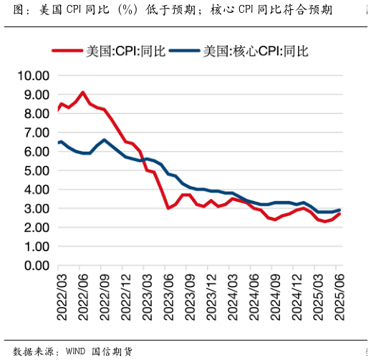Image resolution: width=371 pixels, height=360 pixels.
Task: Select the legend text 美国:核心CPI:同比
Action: coord(256,52)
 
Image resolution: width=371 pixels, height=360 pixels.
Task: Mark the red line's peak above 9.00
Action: coord(83,92)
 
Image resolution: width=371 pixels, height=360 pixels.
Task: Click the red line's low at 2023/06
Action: coord(168,208)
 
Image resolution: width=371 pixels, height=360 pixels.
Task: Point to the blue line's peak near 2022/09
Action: coord(105,140)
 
